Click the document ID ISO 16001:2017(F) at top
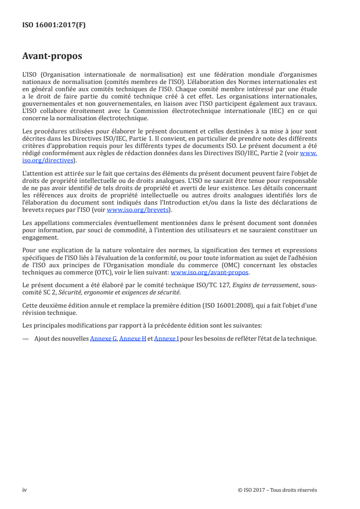coord(54,25)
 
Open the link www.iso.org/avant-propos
coord(210,273)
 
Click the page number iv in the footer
coord(25,490)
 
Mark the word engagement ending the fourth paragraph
coord(40,237)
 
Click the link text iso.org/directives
coord(50,160)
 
